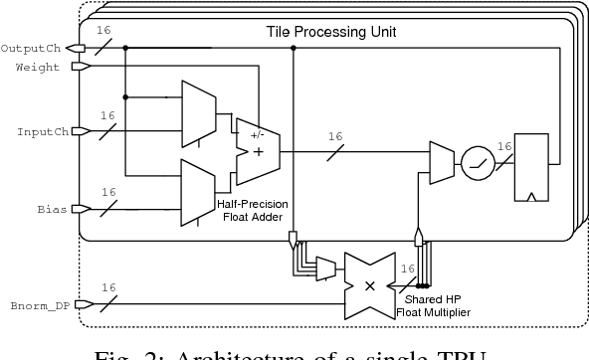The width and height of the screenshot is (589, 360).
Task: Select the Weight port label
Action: pyautogui.click(x=37, y=67)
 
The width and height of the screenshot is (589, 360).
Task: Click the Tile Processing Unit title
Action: pyautogui.click(x=331, y=32)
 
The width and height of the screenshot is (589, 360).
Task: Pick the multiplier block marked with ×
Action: pyautogui.click(x=370, y=284)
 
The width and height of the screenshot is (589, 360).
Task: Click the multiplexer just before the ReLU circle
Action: pyautogui.click(x=439, y=159)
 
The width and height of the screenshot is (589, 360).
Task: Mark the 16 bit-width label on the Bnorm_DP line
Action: pyautogui.click(x=107, y=288)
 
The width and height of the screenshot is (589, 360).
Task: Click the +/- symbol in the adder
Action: pyautogui.click(x=258, y=133)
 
